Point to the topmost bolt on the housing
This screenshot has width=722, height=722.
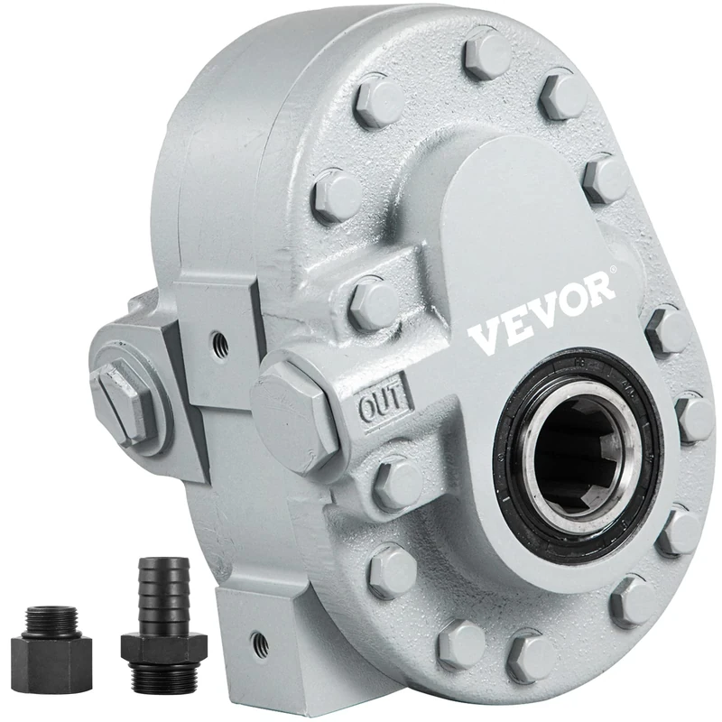pos(485,54)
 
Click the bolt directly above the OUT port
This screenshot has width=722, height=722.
pos(372,303)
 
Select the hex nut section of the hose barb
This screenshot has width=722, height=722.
pos(162,646)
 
